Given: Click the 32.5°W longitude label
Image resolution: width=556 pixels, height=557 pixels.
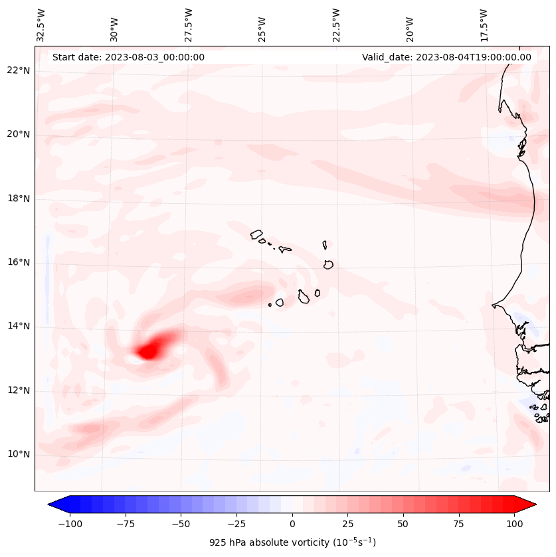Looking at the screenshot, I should coord(41,25).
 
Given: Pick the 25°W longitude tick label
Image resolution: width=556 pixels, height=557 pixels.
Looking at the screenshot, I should coord(262,25).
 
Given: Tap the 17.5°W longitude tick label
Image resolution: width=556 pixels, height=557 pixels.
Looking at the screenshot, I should coord(484,25).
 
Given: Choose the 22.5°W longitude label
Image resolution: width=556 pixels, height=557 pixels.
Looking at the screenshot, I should coord(336,25).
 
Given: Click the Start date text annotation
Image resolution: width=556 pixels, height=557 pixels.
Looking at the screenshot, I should coord(128,57).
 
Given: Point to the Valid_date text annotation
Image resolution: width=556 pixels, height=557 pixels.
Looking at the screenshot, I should coord(446,57).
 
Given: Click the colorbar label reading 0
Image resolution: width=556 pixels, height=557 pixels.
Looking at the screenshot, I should coord(292,524).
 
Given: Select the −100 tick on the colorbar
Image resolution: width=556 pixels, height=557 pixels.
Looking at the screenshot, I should coord(70,524).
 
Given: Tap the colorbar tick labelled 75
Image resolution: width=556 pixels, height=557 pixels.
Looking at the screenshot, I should coord(458,524).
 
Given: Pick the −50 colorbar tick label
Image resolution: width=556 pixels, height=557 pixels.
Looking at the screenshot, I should coord(181,524).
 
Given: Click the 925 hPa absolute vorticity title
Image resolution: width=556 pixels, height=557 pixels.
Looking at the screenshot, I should coord(292,542).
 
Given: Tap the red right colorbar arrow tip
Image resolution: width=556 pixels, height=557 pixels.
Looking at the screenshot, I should coord(535,505).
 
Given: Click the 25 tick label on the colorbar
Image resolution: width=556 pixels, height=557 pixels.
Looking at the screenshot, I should coord(347,524).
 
